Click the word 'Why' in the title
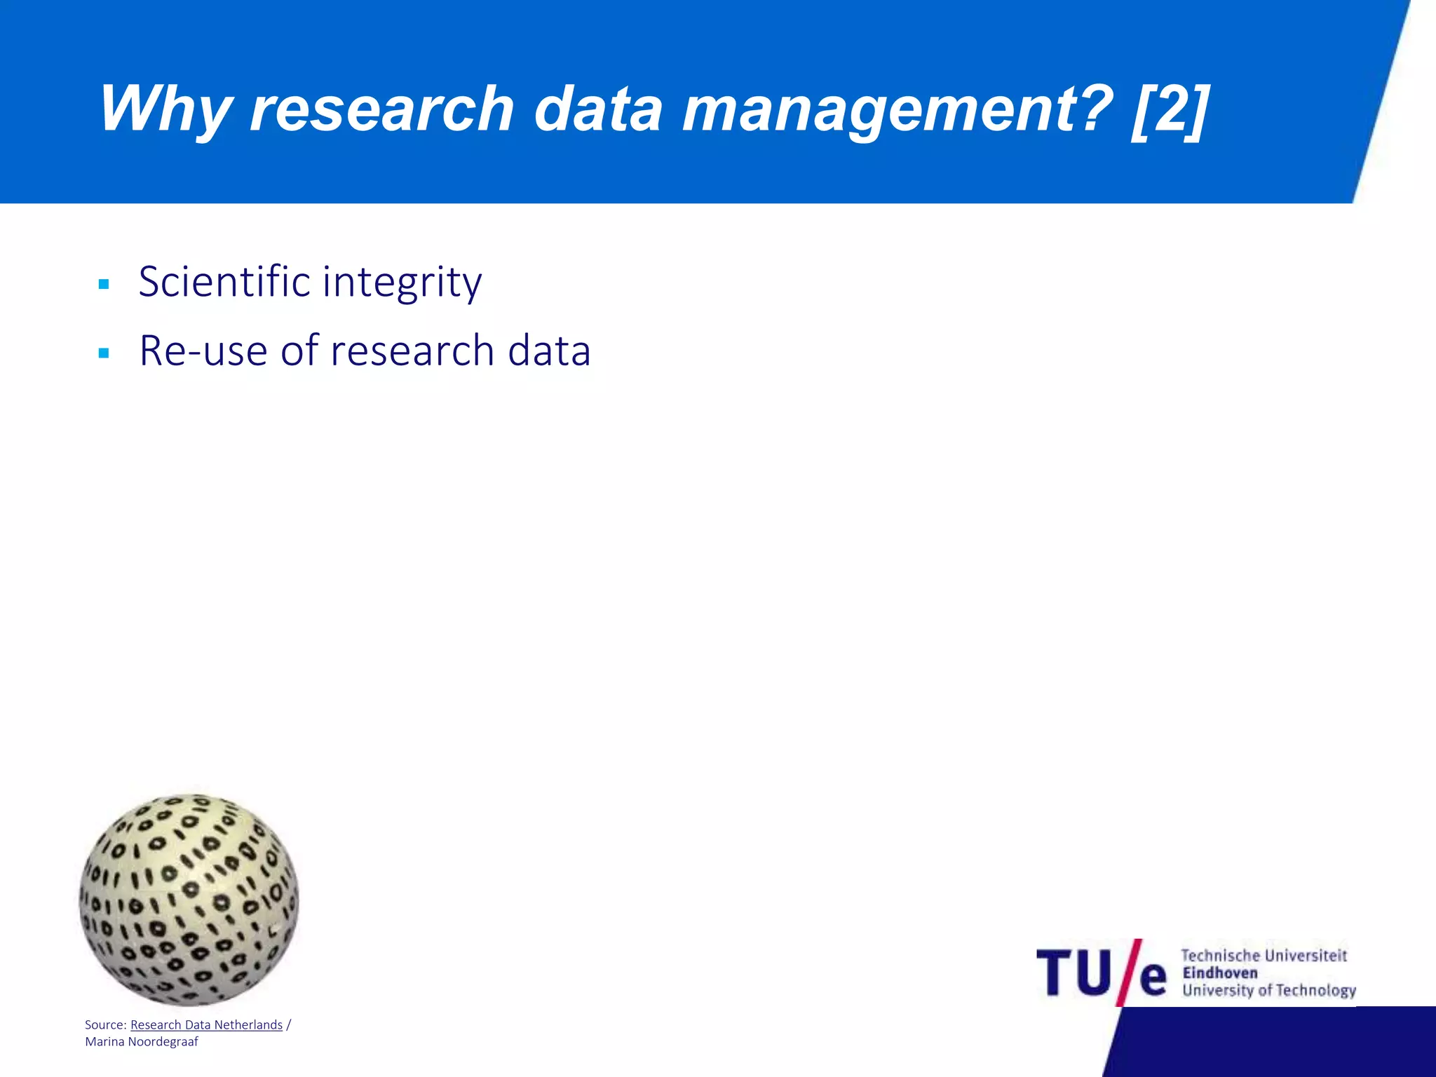165,109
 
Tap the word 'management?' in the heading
897,109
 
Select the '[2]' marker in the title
1170,109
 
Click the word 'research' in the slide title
382,109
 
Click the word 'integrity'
402,283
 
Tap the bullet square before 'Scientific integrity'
104,285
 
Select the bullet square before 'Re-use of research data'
104,353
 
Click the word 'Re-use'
203,351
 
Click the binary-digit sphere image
189,900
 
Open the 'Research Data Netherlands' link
206,1025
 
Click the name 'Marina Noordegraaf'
142,1042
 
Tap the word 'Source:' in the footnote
105,1025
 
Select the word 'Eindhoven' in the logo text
1220,973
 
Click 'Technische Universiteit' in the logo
1264,956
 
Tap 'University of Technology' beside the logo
1269,990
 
